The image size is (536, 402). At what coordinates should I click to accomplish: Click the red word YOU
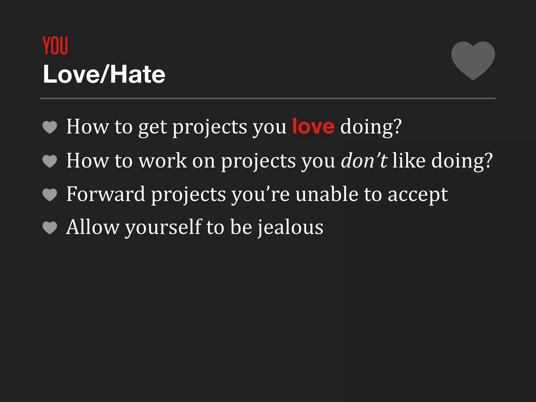(55, 46)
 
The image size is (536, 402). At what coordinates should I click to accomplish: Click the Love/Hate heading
(104, 75)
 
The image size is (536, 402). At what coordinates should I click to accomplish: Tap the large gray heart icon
(473, 60)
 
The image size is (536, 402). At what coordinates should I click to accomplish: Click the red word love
(313, 126)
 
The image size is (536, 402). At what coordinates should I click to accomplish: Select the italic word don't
(364, 160)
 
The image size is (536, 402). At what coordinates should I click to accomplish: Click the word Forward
(106, 194)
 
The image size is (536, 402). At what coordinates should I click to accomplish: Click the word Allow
(93, 227)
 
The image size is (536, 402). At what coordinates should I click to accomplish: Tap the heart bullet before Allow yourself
(50, 228)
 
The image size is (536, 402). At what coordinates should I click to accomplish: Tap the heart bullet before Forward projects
(50, 195)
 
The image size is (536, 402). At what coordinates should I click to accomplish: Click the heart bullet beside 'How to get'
(50, 127)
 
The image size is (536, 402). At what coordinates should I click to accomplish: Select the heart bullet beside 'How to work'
(50, 161)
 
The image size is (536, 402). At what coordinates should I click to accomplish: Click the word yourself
(164, 227)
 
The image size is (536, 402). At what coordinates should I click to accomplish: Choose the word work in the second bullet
(163, 160)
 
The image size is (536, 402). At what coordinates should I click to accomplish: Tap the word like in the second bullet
(409, 160)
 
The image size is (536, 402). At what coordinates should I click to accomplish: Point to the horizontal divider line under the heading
(268, 98)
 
